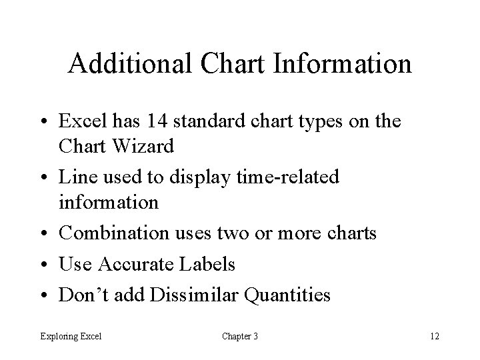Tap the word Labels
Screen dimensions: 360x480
[208, 265]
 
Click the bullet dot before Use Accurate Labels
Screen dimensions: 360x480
[45, 265]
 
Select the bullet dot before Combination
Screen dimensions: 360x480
[45, 235]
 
